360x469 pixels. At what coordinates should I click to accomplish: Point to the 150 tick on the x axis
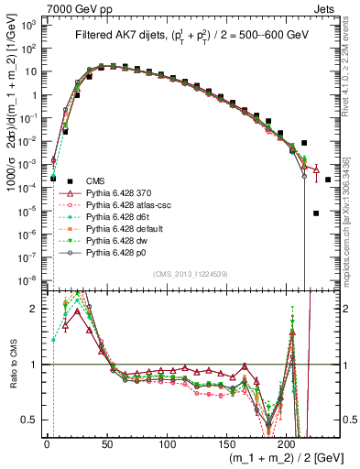pyautogui.click(x=226, y=443)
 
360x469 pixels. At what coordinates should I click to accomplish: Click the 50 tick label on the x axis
pyautogui.click(x=106, y=443)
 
